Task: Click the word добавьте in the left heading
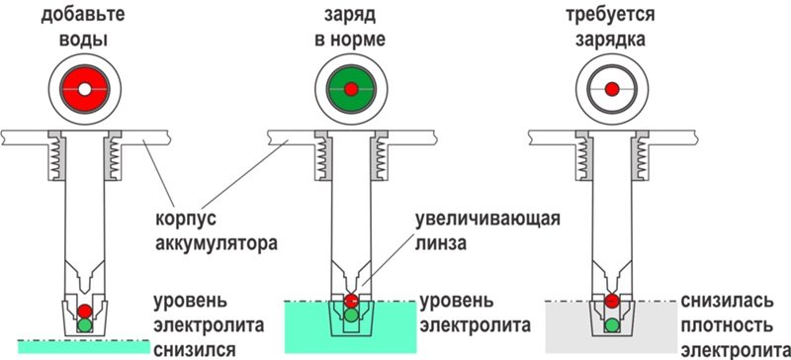pyautogui.click(x=83, y=16)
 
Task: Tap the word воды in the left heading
pyautogui.click(x=83, y=40)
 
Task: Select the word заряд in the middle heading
pyautogui.click(x=350, y=16)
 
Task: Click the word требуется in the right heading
pyautogui.click(x=610, y=16)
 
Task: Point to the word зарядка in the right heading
pyautogui.click(x=610, y=40)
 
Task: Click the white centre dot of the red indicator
pyautogui.click(x=85, y=89)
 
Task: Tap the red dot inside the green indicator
pyautogui.click(x=352, y=89)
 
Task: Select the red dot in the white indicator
pyautogui.click(x=612, y=89)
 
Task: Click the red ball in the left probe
pyautogui.click(x=85, y=311)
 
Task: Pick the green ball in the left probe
pyautogui.click(x=85, y=324)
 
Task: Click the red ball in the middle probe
pyautogui.click(x=351, y=301)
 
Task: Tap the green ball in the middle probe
pyautogui.click(x=351, y=315)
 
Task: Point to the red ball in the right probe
pyautogui.click(x=612, y=301)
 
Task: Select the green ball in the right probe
pyautogui.click(x=612, y=324)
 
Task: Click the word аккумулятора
pyautogui.click(x=217, y=245)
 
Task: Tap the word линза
pyautogui.click(x=440, y=244)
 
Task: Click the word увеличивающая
pyautogui.click(x=487, y=221)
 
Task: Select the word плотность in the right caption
pyautogui.click(x=727, y=325)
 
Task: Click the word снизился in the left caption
pyautogui.click(x=195, y=349)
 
